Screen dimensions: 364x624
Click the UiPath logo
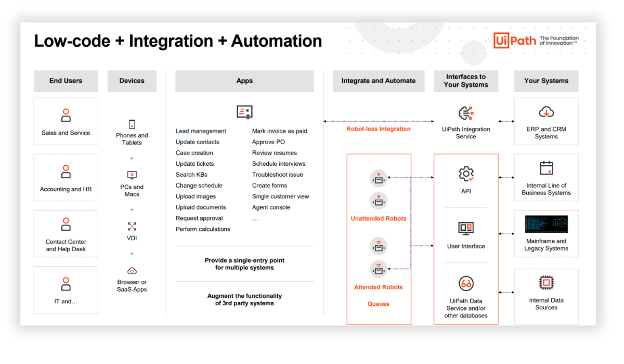(514, 41)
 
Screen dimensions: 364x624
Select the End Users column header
(66, 81)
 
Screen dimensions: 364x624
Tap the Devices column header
(132, 81)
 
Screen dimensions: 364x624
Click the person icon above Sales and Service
(66, 115)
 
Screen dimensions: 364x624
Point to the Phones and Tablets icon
(132, 124)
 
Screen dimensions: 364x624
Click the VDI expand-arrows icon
(132, 226)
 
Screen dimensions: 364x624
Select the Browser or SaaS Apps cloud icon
(132, 271)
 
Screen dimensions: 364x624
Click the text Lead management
(201, 131)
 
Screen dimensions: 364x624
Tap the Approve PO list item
(268, 142)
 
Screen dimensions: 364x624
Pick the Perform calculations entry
(203, 229)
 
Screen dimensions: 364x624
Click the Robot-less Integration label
(379, 129)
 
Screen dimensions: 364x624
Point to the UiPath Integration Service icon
(466, 113)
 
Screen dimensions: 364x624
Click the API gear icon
(466, 174)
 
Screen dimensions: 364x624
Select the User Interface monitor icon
(466, 228)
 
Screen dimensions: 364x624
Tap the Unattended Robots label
(379, 219)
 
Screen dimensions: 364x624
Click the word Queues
(379, 304)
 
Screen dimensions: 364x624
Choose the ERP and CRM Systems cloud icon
(546, 112)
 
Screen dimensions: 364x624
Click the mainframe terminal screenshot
(546, 224)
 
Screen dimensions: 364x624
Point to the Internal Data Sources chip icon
(546, 283)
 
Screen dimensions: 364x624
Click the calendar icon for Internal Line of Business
(546, 168)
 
